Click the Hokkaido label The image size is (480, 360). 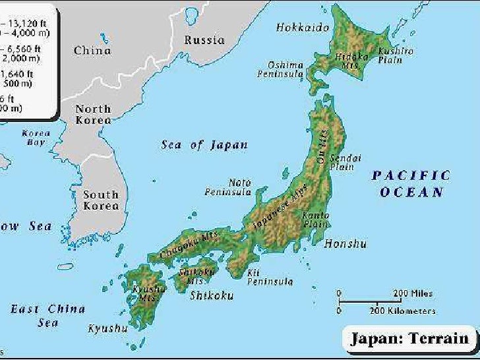tap(303, 28)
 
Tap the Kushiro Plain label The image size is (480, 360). tap(396, 55)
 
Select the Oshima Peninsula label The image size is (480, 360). tap(285, 69)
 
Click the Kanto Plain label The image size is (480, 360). tap(315, 220)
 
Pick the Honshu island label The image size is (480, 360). tap(345, 244)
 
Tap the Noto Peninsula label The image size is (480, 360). tap(228, 187)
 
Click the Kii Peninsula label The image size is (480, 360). tap(270, 277)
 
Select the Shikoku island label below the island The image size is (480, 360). tap(211, 296)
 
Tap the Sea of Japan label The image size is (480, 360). tap(204, 145)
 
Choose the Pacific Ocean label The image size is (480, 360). tap(411, 184)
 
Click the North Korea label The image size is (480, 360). tap(93, 115)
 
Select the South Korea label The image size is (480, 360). tap(101, 200)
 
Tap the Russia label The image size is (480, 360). tap(204, 40)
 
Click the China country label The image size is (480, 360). tap(92, 51)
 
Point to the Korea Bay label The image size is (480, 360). tap(36, 137)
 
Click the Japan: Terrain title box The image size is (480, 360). tap(409, 340)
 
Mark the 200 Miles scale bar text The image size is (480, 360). tap(413, 293)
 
